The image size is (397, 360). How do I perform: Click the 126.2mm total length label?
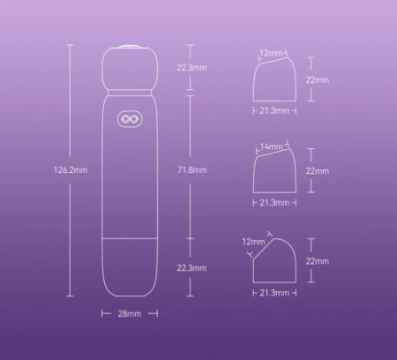click(71, 170)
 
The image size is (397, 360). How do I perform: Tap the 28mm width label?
click(130, 314)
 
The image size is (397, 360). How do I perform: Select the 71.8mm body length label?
click(192, 170)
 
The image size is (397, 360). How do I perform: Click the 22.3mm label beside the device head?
click(191, 68)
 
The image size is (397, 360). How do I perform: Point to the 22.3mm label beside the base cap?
click(191, 268)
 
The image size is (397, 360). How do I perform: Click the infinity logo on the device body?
click(130, 119)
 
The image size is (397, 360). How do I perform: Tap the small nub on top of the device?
click(130, 47)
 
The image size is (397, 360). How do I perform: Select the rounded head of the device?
click(130, 68)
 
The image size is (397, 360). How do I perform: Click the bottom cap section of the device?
click(130, 267)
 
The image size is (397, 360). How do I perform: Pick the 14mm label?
click(271, 146)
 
